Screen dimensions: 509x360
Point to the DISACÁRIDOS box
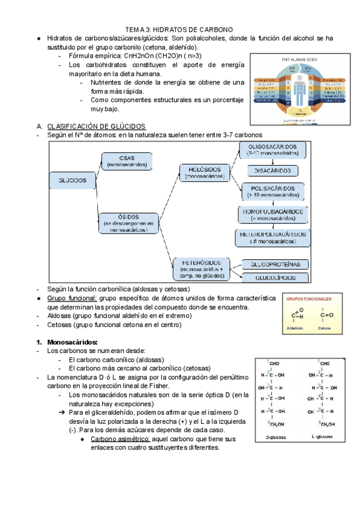coord(272,171)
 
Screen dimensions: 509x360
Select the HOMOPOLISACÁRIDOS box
coord(272,215)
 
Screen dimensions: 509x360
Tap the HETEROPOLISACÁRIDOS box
coord(273,237)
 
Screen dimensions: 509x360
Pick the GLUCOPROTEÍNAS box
coord(274,264)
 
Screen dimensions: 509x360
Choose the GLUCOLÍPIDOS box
coord(274,278)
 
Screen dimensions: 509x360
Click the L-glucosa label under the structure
coord(325,438)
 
